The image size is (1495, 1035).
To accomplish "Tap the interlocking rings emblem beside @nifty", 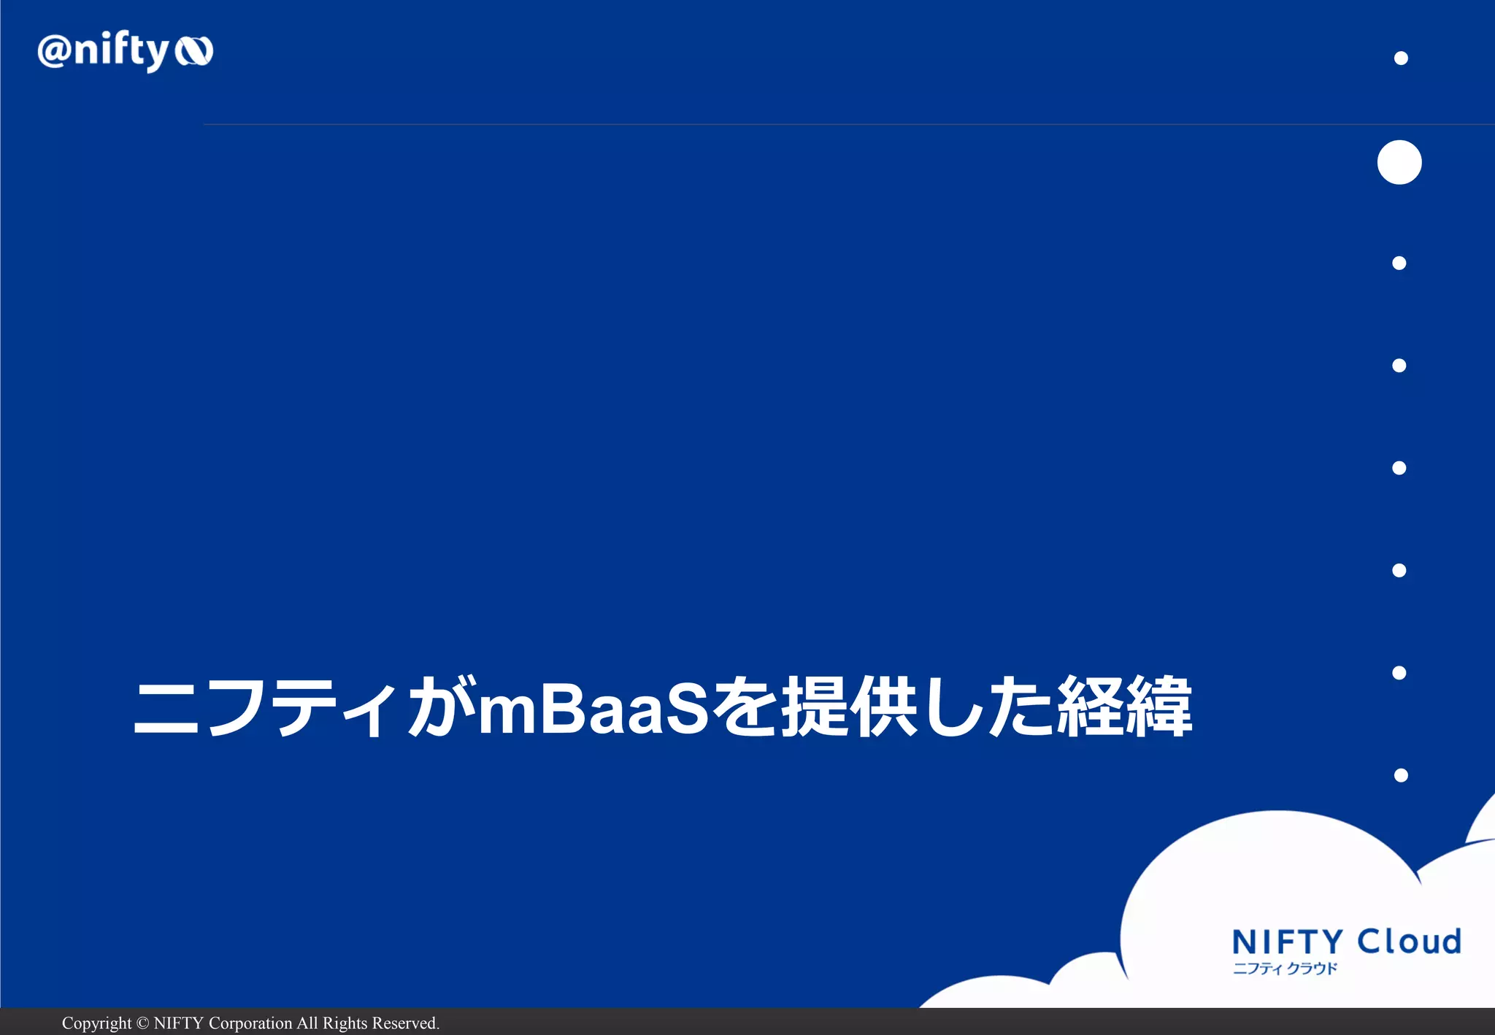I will [x=193, y=51].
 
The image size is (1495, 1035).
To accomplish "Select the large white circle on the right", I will [x=1399, y=162].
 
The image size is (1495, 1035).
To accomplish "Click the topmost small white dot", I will [x=1401, y=58].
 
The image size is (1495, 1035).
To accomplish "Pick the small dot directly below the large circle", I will [x=1399, y=263].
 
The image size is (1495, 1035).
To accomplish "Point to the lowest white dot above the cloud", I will [x=1401, y=775].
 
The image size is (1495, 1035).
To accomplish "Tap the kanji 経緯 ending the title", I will [x=1124, y=707].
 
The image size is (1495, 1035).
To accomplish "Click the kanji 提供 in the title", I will [x=849, y=707].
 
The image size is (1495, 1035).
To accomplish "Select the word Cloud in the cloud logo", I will [x=1410, y=942].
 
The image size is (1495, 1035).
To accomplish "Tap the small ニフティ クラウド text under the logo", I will [x=1285, y=969].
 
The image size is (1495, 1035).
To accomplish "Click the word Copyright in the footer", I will [x=96, y=1023].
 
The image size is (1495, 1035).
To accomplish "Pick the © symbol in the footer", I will [x=142, y=1023].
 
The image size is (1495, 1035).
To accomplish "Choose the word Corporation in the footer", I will [x=250, y=1023].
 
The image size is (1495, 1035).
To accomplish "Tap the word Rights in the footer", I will [x=345, y=1023].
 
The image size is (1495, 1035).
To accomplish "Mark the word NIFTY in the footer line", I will [x=178, y=1023].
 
